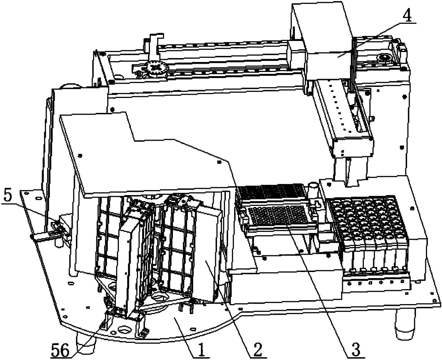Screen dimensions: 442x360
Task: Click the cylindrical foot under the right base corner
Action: (405, 326)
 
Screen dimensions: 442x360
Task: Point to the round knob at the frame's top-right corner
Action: (385, 57)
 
